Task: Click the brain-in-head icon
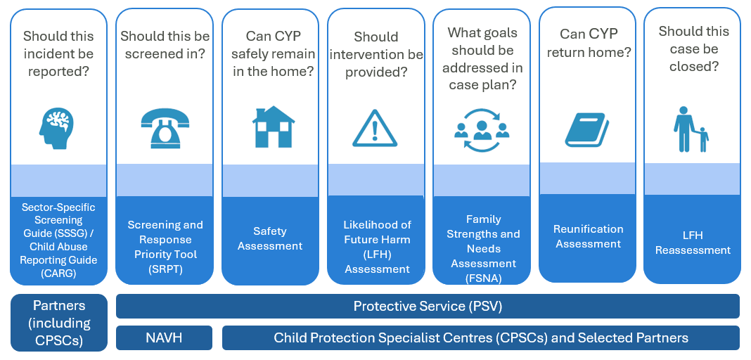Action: click(56, 128)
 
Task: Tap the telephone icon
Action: click(165, 128)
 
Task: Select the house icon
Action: click(274, 127)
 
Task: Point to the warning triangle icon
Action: click(375, 128)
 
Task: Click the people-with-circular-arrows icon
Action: click(482, 130)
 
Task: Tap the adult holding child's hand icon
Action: click(691, 129)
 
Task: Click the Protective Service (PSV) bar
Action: click(428, 307)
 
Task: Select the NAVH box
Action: click(165, 338)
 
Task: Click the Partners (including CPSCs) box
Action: click(58, 323)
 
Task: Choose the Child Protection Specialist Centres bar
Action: click(481, 338)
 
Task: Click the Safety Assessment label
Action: click(270, 238)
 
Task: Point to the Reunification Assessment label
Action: click(588, 236)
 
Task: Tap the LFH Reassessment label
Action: click(693, 243)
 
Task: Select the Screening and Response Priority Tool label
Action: click(165, 247)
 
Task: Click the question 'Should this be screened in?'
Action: click(165, 44)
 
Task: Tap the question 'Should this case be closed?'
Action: click(693, 49)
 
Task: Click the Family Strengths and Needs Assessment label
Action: click(483, 248)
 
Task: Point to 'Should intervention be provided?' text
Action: click(376, 55)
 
